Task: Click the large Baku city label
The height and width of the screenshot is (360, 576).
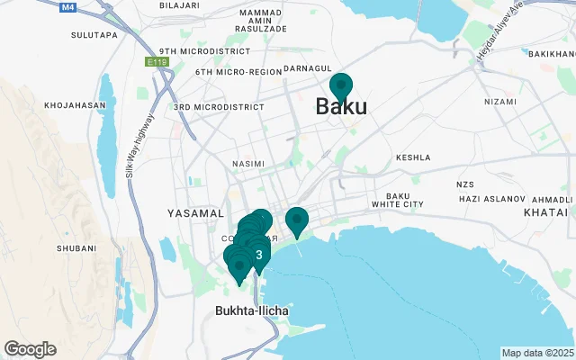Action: click(341, 107)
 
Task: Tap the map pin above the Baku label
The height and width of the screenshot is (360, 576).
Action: click(341, 87)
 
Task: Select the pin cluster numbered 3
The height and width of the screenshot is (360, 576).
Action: click(259, 256)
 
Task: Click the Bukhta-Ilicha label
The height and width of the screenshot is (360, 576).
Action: click(252, 311)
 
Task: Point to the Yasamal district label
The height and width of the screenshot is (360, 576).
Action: click(195, 213)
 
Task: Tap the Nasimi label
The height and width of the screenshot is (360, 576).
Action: click(248, 164)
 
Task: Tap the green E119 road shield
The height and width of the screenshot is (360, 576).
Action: click(157, 63)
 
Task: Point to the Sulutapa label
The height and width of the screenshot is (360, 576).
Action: click(94, 35)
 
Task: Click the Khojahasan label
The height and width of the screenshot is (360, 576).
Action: click(75, 105)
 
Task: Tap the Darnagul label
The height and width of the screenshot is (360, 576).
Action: click(308, 68)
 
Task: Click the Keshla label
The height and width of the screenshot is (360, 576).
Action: click(414, 156)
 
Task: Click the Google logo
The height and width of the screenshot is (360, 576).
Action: click(30, 349)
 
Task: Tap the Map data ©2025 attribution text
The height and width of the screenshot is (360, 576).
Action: click(537, 353)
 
